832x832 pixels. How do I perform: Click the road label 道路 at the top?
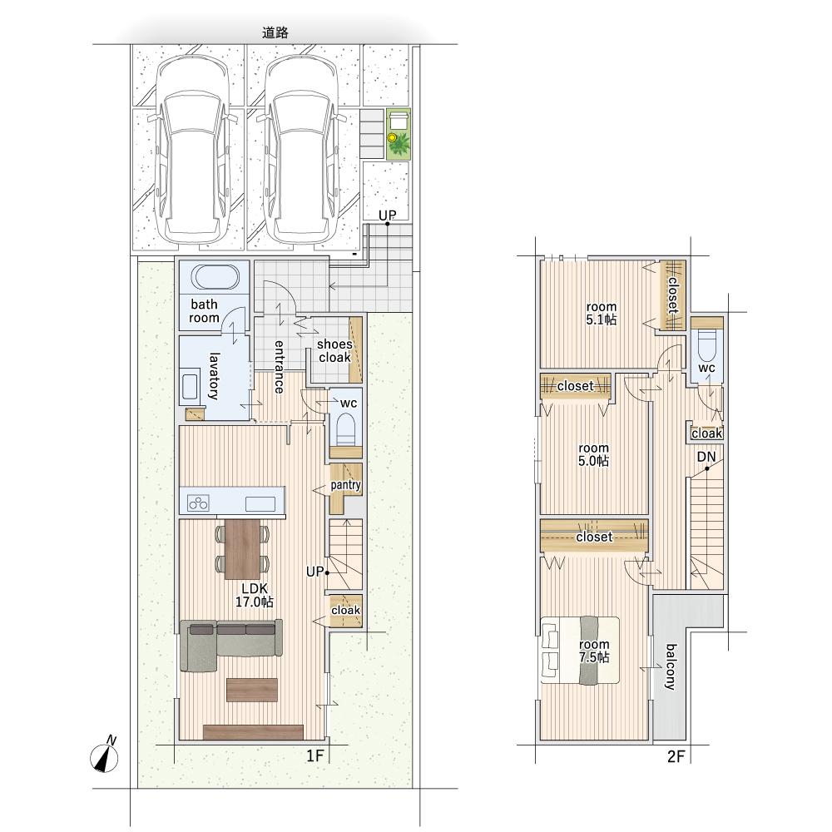click(275, 33)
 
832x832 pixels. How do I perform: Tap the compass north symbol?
click(105, 755)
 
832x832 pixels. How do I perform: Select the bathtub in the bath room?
click(215, 277)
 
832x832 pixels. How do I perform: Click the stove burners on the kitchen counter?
click(199, 502)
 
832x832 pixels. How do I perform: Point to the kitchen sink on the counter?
click(260, 503)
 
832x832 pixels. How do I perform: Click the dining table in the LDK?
click(242, 549)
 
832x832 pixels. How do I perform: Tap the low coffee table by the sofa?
click(252, 690)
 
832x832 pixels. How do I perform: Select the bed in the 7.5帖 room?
click(580, 650)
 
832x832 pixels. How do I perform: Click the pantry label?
click(345, 485)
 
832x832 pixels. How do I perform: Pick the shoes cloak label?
click(334, 351)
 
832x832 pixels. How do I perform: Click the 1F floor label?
click(314, 755)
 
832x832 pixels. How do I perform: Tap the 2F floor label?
click(676, 756)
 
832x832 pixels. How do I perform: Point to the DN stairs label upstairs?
click(706, 457)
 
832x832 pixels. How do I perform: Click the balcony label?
click(671, 666)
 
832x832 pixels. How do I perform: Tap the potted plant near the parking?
click(398, 143)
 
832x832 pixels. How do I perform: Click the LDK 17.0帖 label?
click(255, 595)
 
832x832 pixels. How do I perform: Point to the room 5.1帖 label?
click(602, 313)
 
